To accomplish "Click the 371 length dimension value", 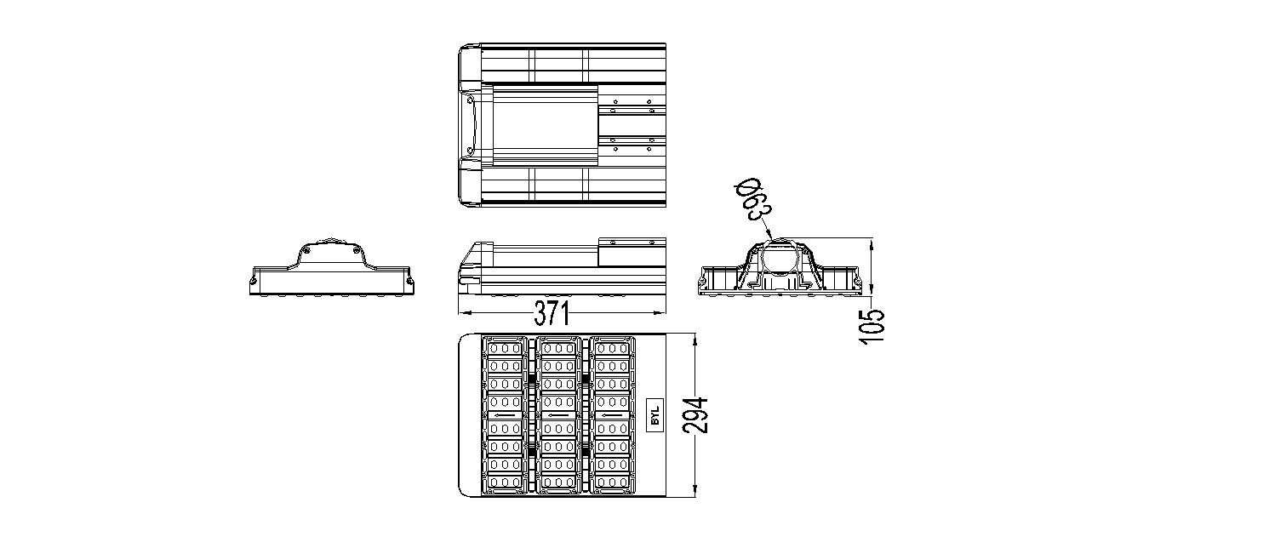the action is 551,314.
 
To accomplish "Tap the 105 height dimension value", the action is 872,325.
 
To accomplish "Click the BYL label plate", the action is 655,415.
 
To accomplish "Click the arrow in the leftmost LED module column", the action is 504,415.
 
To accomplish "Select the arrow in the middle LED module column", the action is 558,415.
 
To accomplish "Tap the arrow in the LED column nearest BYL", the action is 613,415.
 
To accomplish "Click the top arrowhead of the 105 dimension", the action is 872,242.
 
